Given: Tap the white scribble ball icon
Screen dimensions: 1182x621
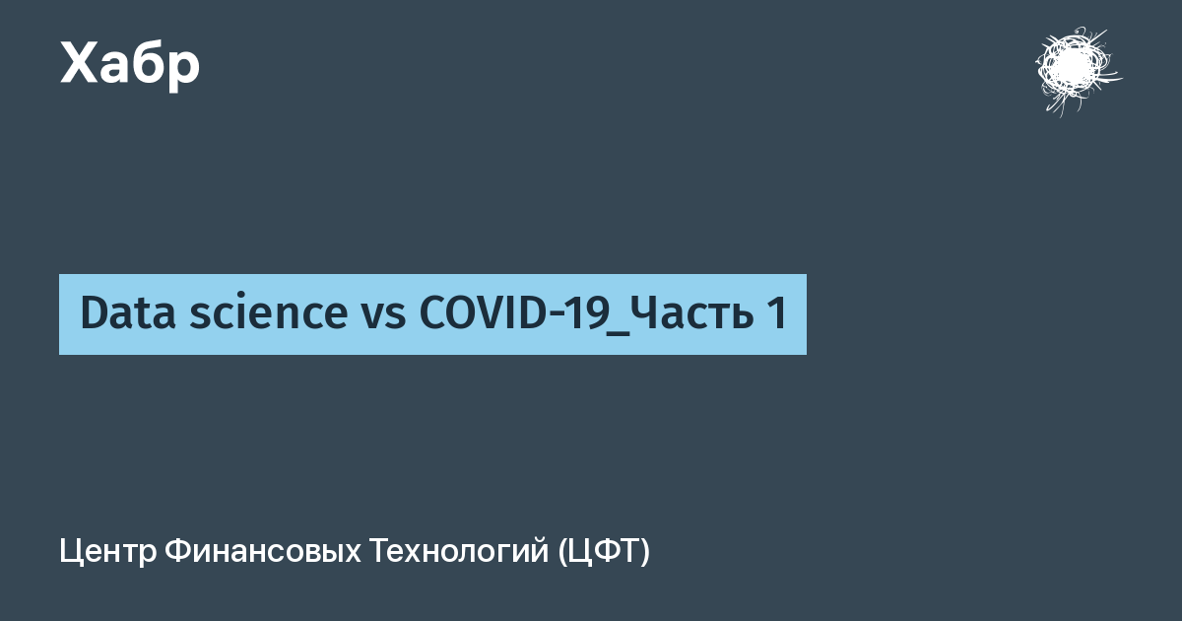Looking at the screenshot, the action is tap(1078, 70).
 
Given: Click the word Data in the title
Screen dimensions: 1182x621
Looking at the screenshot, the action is tap(128, 312).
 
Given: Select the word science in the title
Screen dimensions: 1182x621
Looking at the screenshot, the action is tap(269, 312).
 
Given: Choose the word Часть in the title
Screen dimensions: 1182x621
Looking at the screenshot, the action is tap(691, 312).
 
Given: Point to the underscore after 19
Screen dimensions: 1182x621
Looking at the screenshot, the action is tap(619, 334).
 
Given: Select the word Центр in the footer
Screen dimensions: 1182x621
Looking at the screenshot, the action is tap(108, 552).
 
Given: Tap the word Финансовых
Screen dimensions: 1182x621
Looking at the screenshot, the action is tap(263, 551).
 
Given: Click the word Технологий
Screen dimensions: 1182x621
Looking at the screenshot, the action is tap(459, 551).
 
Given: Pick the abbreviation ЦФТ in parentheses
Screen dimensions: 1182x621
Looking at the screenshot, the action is tap(604, 552).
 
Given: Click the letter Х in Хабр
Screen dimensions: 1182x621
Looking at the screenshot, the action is tap(79, 62).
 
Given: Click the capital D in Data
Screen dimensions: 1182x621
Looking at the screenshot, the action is tap(94, 312).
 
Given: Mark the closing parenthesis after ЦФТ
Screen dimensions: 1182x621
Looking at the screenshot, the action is tap(645, 552).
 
